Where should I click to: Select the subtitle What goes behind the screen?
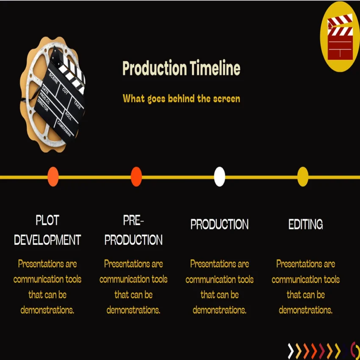tap(181, 99)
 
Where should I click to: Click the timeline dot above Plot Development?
tap(53, 177)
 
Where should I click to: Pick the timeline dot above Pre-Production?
tap(136, 177)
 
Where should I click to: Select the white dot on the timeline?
tap(219, 177)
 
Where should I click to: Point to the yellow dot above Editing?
tap(303, 177)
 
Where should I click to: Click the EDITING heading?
tap(305, 224)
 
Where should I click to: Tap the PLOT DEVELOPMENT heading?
tap(47, 230)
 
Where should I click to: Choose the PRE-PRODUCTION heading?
tap(133, 230)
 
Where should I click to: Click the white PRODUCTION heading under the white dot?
tap(219, 224)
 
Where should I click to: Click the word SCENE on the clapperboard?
tap(54, 79)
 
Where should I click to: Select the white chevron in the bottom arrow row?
tap(291, 351)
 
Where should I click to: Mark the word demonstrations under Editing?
tap(305, 310)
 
